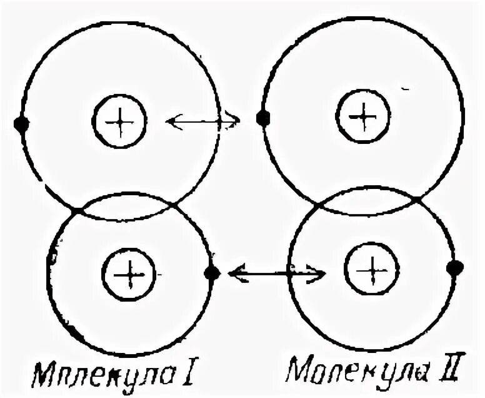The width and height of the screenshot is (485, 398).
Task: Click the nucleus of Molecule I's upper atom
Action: tap(119, 121)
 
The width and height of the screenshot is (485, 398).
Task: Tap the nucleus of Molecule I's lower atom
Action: tap(129, 273)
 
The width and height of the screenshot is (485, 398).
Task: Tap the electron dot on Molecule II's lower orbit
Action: tap(454, 268)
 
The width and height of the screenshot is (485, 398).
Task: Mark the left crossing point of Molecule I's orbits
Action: tap(74, 210)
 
